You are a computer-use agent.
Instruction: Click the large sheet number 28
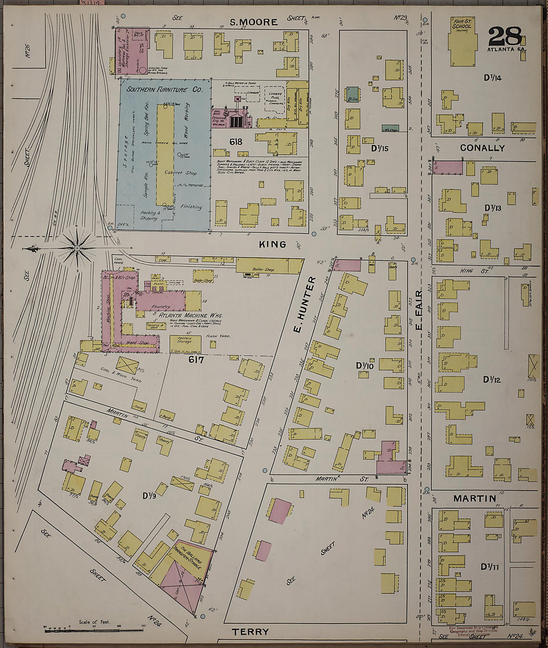pyautogui.click(x=504, y=37)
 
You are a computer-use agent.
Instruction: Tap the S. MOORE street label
pyautogui.click(x=254, y=22)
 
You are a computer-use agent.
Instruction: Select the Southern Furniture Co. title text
pyautogui.click(x=164, y=90)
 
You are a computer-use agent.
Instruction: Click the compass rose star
pyautogui.click(x=77, y=248)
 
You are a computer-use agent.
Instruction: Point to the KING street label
pyautogui.click(x=273, y=244)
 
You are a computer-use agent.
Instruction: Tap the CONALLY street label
pyautogui.click(x=482, y=148)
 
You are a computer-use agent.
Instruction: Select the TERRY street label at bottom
pyautogui.click(x=250, y=632)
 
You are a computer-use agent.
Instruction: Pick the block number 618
pyautogui.click(x=236, y=142)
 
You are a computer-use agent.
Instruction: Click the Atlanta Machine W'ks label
pyautogui.click(x=190, y=316)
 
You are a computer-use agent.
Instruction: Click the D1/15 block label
pyautogui.click(x=379, y=149)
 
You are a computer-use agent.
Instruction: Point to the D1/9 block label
pyautogui.click(x=150, y=495)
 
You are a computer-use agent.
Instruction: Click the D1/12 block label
pyautogui.click(x=491, y=380)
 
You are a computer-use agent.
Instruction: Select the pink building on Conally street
pyautogui.click(x=448, y=167)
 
